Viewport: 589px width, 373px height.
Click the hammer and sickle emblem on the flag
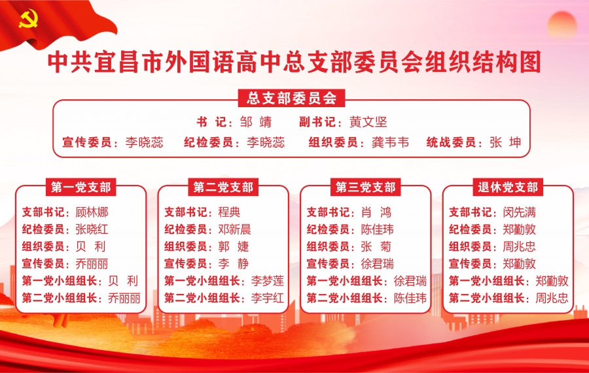click(28, 19)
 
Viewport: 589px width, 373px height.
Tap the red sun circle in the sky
click(562, 25)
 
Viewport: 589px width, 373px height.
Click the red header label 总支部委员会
click(291, 98)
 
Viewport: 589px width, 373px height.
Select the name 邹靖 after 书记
click(256, 122)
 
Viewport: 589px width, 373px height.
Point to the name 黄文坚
click(368, 122)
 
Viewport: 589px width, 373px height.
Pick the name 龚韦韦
click(390, 142)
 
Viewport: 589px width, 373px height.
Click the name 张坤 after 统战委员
click(505, 142)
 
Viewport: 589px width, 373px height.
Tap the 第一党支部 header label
click(80, 187)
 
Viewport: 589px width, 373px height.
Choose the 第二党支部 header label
click(223, 187)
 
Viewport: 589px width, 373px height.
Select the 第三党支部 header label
click(365, 187)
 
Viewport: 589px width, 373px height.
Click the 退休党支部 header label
click(508, 187)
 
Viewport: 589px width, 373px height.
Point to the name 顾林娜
click(92, 212)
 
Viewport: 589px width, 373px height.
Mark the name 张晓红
click(92, 229)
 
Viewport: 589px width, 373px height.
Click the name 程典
click(229, 212)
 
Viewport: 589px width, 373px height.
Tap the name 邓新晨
click(234, 229)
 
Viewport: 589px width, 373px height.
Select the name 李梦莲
click(268, 281)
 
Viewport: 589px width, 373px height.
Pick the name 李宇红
click(268, 299)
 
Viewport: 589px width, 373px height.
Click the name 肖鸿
click(376, 212)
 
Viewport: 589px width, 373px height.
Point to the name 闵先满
click(520, 212)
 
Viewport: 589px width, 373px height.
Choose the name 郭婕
click(234, 247)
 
